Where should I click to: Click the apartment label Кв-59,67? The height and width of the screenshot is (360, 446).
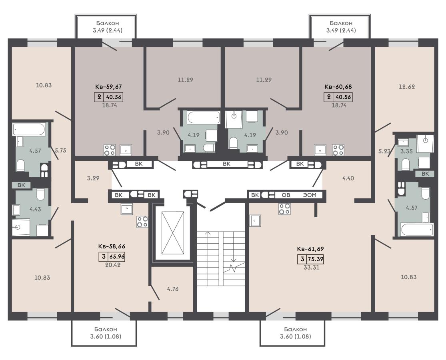point(110,87)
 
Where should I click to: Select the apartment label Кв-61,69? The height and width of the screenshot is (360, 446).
point(310,249)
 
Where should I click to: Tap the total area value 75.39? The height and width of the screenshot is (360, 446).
point(316,259)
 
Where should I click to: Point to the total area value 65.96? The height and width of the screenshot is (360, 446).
point(117,256)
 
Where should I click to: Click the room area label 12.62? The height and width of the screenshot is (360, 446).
point(407,87)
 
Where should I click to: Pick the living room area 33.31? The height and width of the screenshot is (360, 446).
point(312,267)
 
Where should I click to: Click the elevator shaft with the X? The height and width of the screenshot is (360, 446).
point(173,233)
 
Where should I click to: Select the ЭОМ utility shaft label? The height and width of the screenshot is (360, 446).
point(310,195)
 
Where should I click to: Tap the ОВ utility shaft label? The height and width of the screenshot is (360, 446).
point(286,195)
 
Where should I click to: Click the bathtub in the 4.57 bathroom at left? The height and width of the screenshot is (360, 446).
point(29,129)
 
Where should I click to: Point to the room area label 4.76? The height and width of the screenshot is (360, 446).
point(173,289)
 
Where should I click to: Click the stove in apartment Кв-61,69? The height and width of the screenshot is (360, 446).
point(284,209)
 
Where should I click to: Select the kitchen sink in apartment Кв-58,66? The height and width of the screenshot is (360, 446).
point(127,209)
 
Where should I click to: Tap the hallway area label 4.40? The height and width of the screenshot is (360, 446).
point(348,178)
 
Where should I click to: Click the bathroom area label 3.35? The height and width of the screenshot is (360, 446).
point(406,151)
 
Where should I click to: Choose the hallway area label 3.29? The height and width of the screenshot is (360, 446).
point(93,178)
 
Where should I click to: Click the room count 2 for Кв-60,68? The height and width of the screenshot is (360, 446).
point(329,97)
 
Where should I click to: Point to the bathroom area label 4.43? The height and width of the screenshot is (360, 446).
point(35,209)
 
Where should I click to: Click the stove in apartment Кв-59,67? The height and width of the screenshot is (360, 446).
point(110,150)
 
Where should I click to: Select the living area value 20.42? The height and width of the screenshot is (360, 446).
point(113,265)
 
